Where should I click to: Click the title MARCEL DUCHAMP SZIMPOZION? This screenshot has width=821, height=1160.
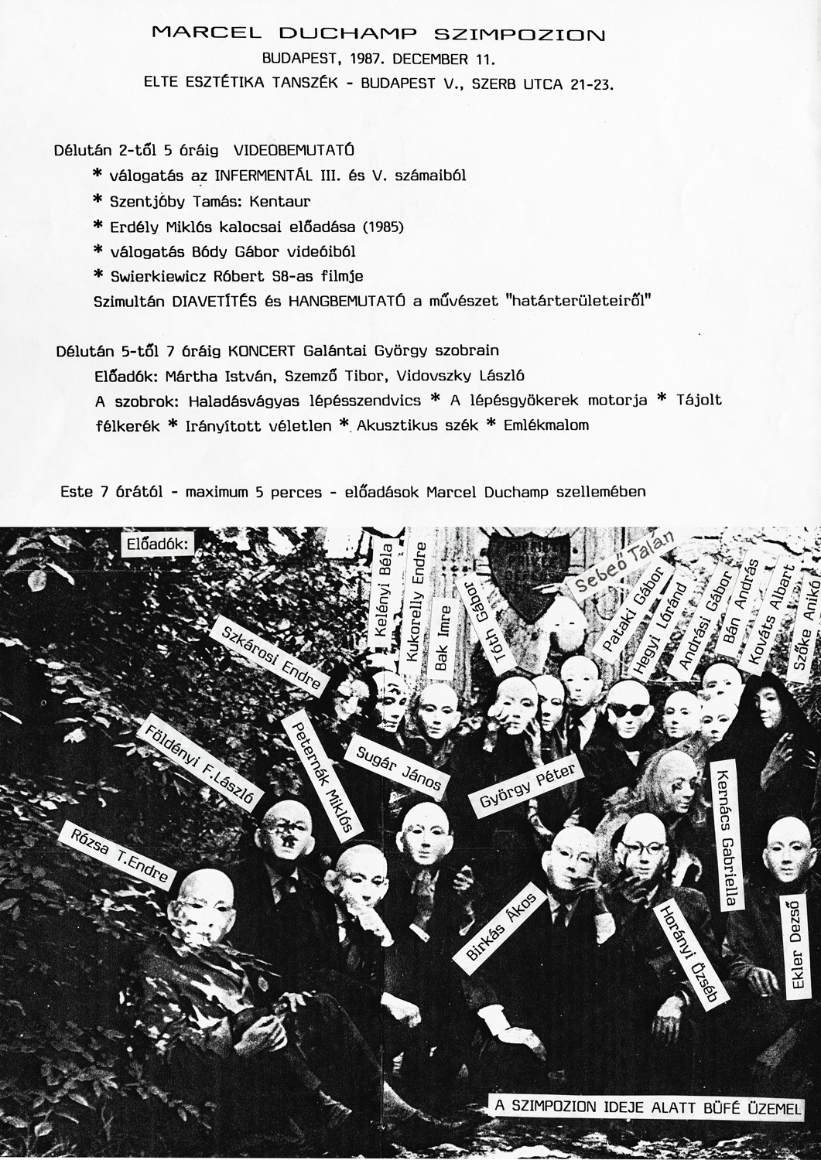pos(378,33)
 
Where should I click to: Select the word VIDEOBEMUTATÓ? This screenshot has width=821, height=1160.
pos(294,150)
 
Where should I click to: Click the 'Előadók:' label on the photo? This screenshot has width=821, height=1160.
pos(158,544)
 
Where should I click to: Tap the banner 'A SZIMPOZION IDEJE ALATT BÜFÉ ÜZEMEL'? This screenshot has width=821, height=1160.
pos(647,1107)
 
